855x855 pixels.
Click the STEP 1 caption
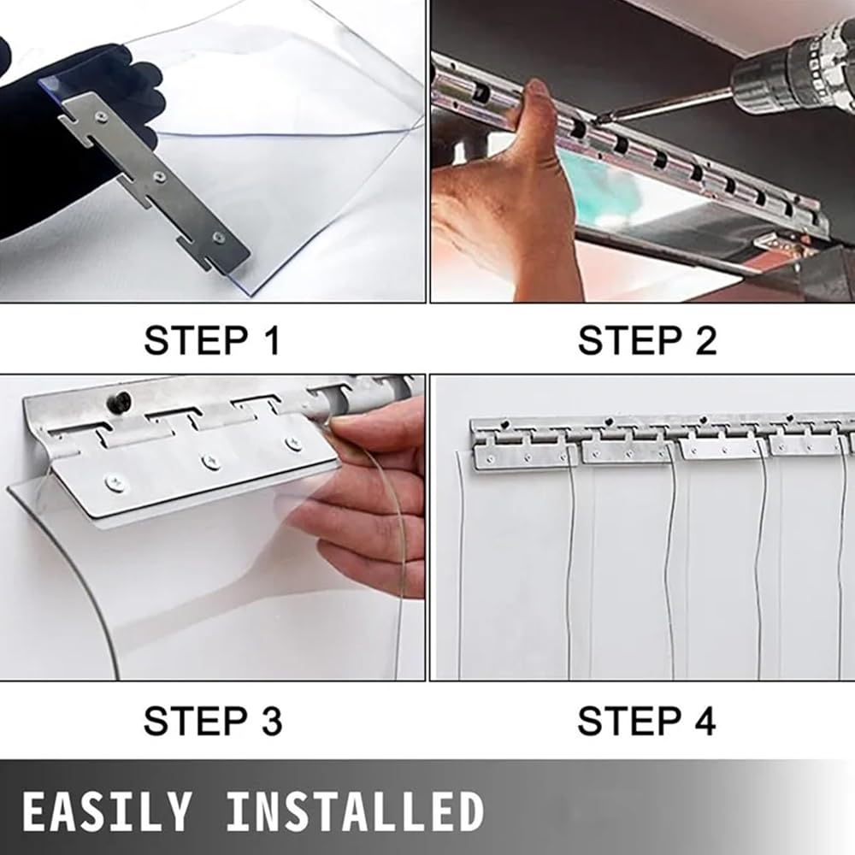pyautogui.click(x=212, y=340)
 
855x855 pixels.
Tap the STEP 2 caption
pyautogui.click(x=647, y=340)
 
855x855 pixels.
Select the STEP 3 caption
pyautogui.click(x=213, y=721)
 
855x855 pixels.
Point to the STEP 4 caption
pyautogui.click(x=646, y=721)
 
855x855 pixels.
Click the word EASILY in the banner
pyautogui.click(x=107, y=812)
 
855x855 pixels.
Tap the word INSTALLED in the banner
pyautogui.click(x=355, y=812)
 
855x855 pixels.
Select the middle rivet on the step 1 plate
pyautogui.click(x=159, y=176)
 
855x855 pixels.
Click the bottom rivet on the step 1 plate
pyautogui.click(x=219, y=237)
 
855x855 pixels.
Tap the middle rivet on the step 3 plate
pyautogui.click(x=210, y=463)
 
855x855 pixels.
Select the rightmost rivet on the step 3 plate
pyautogui.click(x=293, y=444)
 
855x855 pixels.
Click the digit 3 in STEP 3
pyautogui.click(x=272, y=721)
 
